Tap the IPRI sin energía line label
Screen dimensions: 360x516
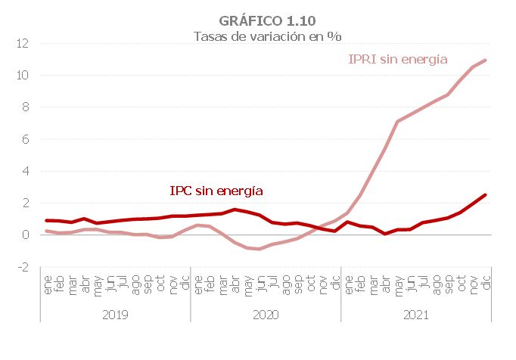click(397, 59)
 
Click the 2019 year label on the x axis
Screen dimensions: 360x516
click(114, 314)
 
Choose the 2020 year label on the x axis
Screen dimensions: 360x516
click(266, 314)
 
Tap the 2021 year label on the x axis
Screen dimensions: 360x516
click(416, 314)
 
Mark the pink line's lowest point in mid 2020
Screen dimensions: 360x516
click(260, 249)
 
